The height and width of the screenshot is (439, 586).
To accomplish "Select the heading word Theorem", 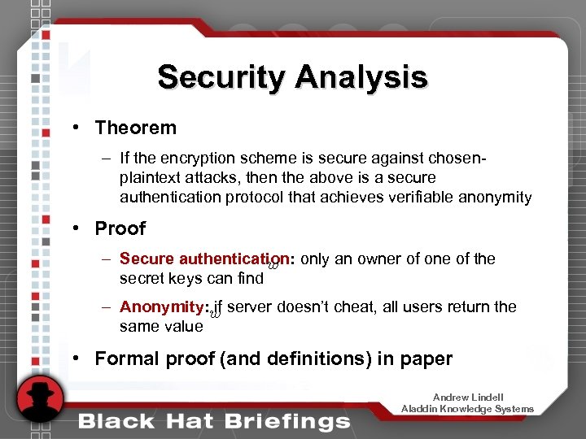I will point(135,128).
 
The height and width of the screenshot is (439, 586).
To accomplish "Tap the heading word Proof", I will point(120,228).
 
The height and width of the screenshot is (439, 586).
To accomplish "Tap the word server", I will point(251,307).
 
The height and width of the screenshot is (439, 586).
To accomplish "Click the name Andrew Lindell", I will point(468,398).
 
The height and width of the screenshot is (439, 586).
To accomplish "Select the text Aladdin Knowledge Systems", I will point(468,409).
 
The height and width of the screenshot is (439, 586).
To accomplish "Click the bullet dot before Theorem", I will point(74,128).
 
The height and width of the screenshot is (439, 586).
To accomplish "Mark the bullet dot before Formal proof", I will point(74,359).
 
